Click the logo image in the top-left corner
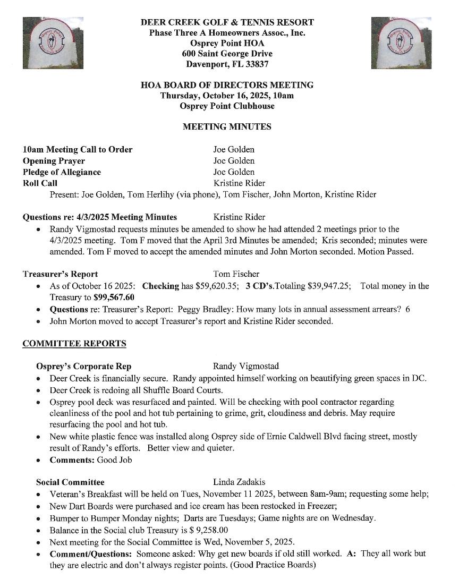click(x=52, y=42)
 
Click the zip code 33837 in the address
click(x=257, y=64)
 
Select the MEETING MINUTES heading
click(x=227, y=126)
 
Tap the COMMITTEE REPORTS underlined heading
click(x=74, y=343)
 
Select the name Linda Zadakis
click(x=239, y=482)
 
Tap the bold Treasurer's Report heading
click(x=60, y=274)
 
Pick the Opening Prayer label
click(x=54, y=160)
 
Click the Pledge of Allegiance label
click(x=62, y=172)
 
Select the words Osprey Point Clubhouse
click(x=227, y=106)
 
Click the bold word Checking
click(x=161, y=286)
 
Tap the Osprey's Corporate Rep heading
click(x=83, y=367)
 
